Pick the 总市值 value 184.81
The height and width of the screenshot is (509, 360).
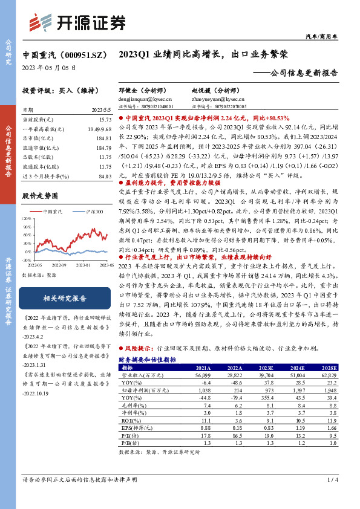pyautogui.click(x=103, y=138)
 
